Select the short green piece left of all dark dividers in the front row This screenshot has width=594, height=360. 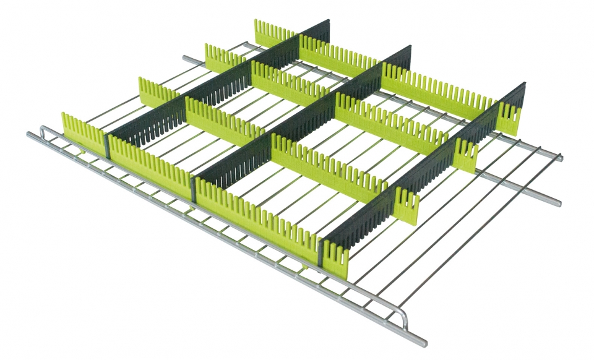[x=83, y=131]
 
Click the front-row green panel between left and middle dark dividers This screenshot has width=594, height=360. [x=150, y=164]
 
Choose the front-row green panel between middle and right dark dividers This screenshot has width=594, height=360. [x=257, y=216]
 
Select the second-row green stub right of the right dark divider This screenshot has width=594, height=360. [x=466, y=155]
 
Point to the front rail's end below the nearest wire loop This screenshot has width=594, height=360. [x=423, y=342]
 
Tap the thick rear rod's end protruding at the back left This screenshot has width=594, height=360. [x=186, y=59]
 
